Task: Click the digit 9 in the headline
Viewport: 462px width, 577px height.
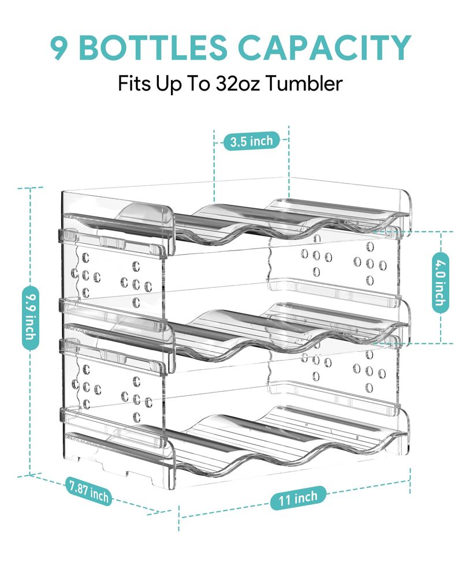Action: (58, 47)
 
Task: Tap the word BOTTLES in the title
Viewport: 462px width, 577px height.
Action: (153, 47)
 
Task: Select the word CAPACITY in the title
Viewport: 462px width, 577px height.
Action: (325, 47)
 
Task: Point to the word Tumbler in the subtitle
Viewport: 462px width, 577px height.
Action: (304, 84)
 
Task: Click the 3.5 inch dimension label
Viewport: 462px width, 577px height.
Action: (252, 141)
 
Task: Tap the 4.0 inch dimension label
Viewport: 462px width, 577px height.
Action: (440, 282)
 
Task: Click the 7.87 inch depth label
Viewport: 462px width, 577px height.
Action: (89, 491)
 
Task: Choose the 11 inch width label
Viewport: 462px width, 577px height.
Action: (298, 498)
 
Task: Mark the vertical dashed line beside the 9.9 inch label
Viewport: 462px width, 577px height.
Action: (29, 331)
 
